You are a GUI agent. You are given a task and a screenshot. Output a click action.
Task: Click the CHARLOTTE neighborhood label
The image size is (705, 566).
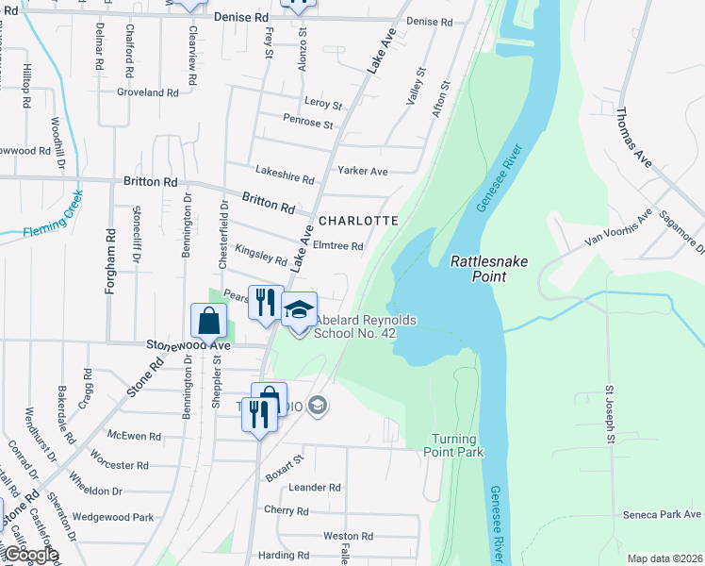(x=358, y=220)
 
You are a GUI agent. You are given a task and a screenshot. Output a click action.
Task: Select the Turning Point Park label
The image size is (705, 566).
(x=458, y=445)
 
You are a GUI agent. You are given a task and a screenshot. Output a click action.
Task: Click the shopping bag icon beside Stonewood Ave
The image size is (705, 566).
(x=207, y=322)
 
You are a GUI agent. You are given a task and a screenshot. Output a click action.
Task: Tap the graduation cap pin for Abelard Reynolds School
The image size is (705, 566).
(x=300, y=311)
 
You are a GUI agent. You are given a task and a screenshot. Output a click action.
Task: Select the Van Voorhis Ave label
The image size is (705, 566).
(x=618, y=228)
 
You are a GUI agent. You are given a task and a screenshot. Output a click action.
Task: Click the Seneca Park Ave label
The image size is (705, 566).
(x=662, y=514)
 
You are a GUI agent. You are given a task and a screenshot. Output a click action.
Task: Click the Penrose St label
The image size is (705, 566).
(x=307, y=124)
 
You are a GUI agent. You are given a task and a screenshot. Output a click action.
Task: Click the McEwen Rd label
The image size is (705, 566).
(x=135, y=437)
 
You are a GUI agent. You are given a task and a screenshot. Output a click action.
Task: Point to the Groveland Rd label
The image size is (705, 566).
(x=147, y=92)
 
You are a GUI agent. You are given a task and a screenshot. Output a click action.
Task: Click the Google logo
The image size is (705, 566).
(x=30, y=555)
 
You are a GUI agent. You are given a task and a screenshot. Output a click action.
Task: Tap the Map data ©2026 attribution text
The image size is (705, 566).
(x=664, y=558)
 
